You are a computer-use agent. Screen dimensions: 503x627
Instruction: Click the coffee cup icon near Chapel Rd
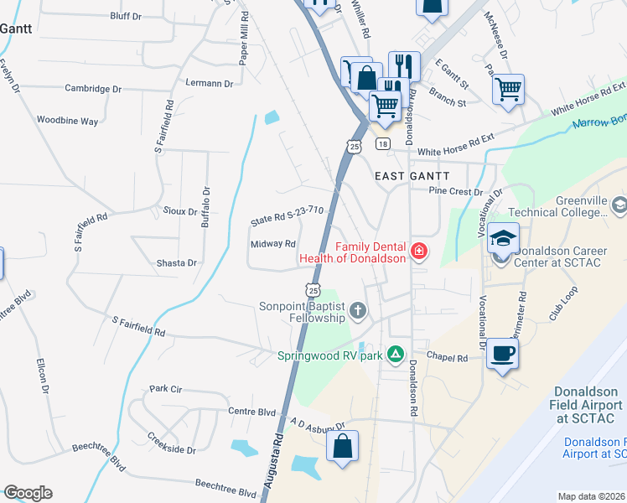(502, 353)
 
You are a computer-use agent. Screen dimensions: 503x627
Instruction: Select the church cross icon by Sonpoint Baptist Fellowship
(358, 312)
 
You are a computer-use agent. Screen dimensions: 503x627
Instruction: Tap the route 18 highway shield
(382, 145)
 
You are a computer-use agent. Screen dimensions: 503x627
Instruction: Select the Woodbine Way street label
(67, 122)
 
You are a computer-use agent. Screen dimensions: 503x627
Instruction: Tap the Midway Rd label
(273, 244)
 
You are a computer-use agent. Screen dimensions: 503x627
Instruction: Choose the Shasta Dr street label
(176, 263)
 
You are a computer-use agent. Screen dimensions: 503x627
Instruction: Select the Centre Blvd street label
(252, 412)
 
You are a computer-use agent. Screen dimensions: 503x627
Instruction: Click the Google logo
(28, 493)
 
